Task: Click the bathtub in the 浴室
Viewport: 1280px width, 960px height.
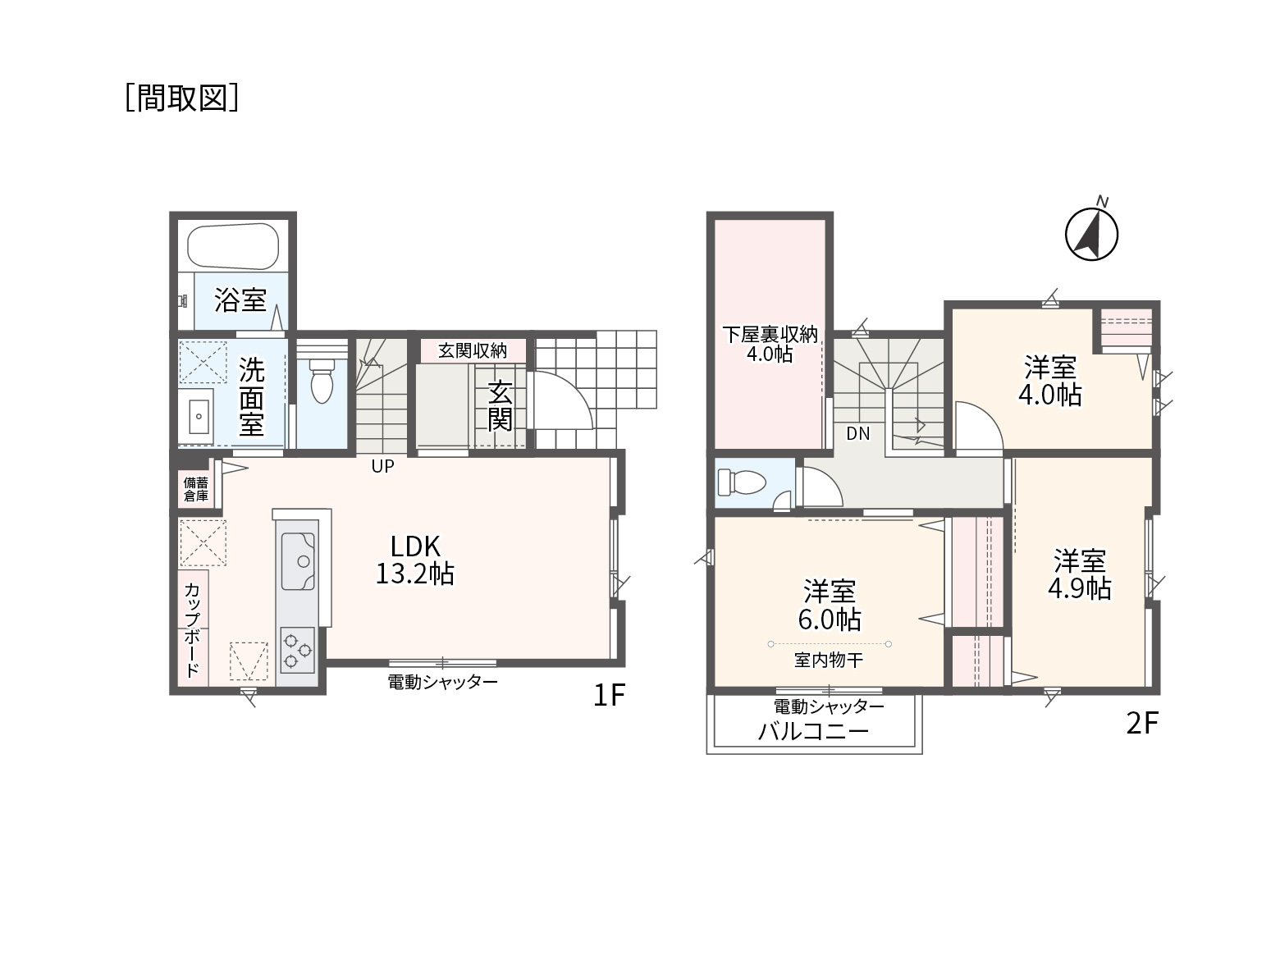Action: coord(233,246)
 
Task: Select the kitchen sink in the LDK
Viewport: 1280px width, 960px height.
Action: coord(298,561)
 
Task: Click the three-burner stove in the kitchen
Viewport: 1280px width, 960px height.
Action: coord(297,650)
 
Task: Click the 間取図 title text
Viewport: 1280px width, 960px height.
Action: coord(182,98)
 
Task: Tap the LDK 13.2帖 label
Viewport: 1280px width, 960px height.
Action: coord(414,560)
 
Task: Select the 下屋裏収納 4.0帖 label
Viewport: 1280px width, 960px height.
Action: coord(770,344)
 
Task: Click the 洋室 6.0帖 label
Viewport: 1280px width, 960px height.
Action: coord(830,605)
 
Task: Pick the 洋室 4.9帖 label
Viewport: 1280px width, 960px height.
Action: coord(1080,574)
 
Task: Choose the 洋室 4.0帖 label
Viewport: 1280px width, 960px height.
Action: coord(1049,381)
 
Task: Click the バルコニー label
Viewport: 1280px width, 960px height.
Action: coord(813,731)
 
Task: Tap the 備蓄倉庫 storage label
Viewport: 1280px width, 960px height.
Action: coord(196,489)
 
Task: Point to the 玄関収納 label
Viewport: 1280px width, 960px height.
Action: coord(473,351)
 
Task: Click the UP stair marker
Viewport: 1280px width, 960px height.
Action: coord(382,466)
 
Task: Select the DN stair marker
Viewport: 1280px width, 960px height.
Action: coord(857,434)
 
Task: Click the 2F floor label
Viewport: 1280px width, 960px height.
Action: coord(1142,724)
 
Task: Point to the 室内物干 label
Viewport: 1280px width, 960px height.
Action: coord(828,661)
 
